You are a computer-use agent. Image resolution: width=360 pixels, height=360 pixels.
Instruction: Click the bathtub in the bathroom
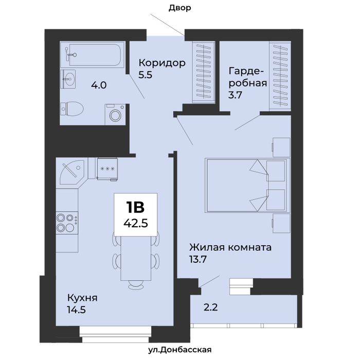tap(92, 55)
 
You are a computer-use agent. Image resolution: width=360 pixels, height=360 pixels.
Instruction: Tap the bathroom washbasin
tap(68, 79)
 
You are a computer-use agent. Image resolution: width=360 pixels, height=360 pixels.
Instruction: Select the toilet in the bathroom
tap(72, 109)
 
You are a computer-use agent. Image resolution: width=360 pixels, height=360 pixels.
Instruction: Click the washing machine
tap(115, 114)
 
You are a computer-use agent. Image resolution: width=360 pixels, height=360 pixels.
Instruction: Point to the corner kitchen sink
tap(72, 172)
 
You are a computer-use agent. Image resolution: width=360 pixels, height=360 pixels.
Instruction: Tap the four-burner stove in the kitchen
tap(67, 223)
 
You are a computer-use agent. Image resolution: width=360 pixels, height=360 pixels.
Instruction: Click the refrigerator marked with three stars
tap(107, 169)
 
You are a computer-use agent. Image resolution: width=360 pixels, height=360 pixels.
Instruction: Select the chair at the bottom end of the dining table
tap(136, 285)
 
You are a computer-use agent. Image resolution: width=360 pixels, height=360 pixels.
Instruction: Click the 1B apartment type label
tap(135, 207)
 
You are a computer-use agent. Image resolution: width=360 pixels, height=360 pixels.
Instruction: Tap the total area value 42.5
tap(136, 223)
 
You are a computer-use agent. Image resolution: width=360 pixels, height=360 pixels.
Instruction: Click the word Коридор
tap(162, 63)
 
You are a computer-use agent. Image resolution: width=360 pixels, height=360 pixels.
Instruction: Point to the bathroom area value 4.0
tap(99, 85)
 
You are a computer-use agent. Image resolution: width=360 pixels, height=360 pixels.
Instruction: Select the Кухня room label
tap(82, 298)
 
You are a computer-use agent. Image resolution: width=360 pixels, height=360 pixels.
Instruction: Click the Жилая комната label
tap(230, 247)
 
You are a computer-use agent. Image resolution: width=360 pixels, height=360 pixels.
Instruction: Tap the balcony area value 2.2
tap(210, 307)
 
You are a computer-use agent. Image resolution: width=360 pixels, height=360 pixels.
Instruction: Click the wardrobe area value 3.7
tap(235, 95)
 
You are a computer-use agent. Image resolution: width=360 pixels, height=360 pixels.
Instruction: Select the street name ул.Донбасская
tap(180, 350)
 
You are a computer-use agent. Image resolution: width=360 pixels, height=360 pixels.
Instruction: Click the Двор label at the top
tap(180, 8)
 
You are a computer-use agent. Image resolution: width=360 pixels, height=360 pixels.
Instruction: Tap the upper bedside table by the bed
tap(281, 148)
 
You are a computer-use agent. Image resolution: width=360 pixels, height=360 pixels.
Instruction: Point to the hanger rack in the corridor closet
tap(204, 71)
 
